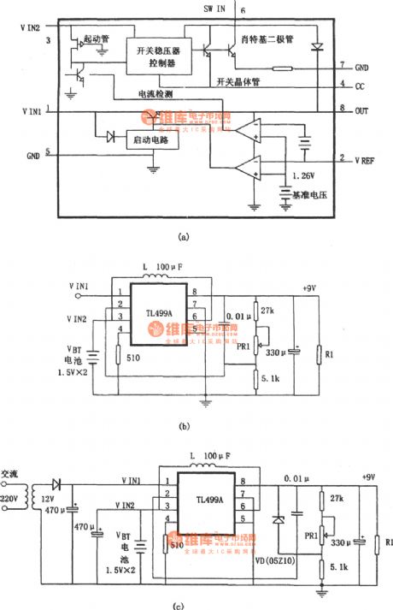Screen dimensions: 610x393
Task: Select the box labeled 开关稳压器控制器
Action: click(x=154, y=56)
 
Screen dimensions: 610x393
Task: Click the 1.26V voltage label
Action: click(x=302, y=175)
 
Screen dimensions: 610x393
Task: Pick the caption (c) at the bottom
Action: click(x=177, y=605)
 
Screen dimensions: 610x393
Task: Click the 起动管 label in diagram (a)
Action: click(x=94, y=40)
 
